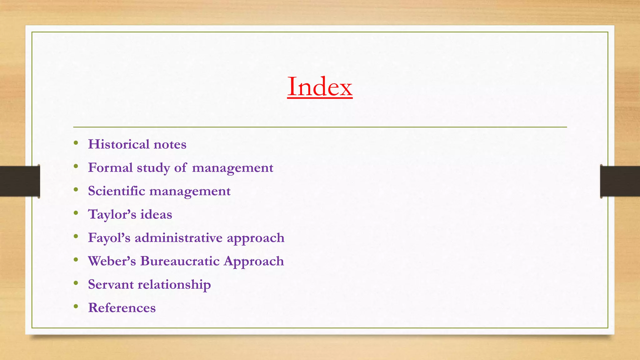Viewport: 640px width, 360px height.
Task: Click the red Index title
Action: click(x=320, y=87)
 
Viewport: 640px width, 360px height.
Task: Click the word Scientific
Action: click(x=117, y=191)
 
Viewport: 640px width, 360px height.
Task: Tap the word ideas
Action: click(x=156, y=215)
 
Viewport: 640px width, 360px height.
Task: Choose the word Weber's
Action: click(x=112, y=261)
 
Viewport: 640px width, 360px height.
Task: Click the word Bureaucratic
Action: click(x=180, y=261)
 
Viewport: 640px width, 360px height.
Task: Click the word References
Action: click(x=122, y=308)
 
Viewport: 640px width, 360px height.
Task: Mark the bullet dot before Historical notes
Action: click(x=76, y=143)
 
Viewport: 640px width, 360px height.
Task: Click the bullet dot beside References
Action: click(x=76, y=307)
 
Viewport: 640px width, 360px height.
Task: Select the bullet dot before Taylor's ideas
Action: click(x=76, y=213)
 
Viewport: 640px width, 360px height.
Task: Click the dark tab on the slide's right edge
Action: click(x=620, y=181)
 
